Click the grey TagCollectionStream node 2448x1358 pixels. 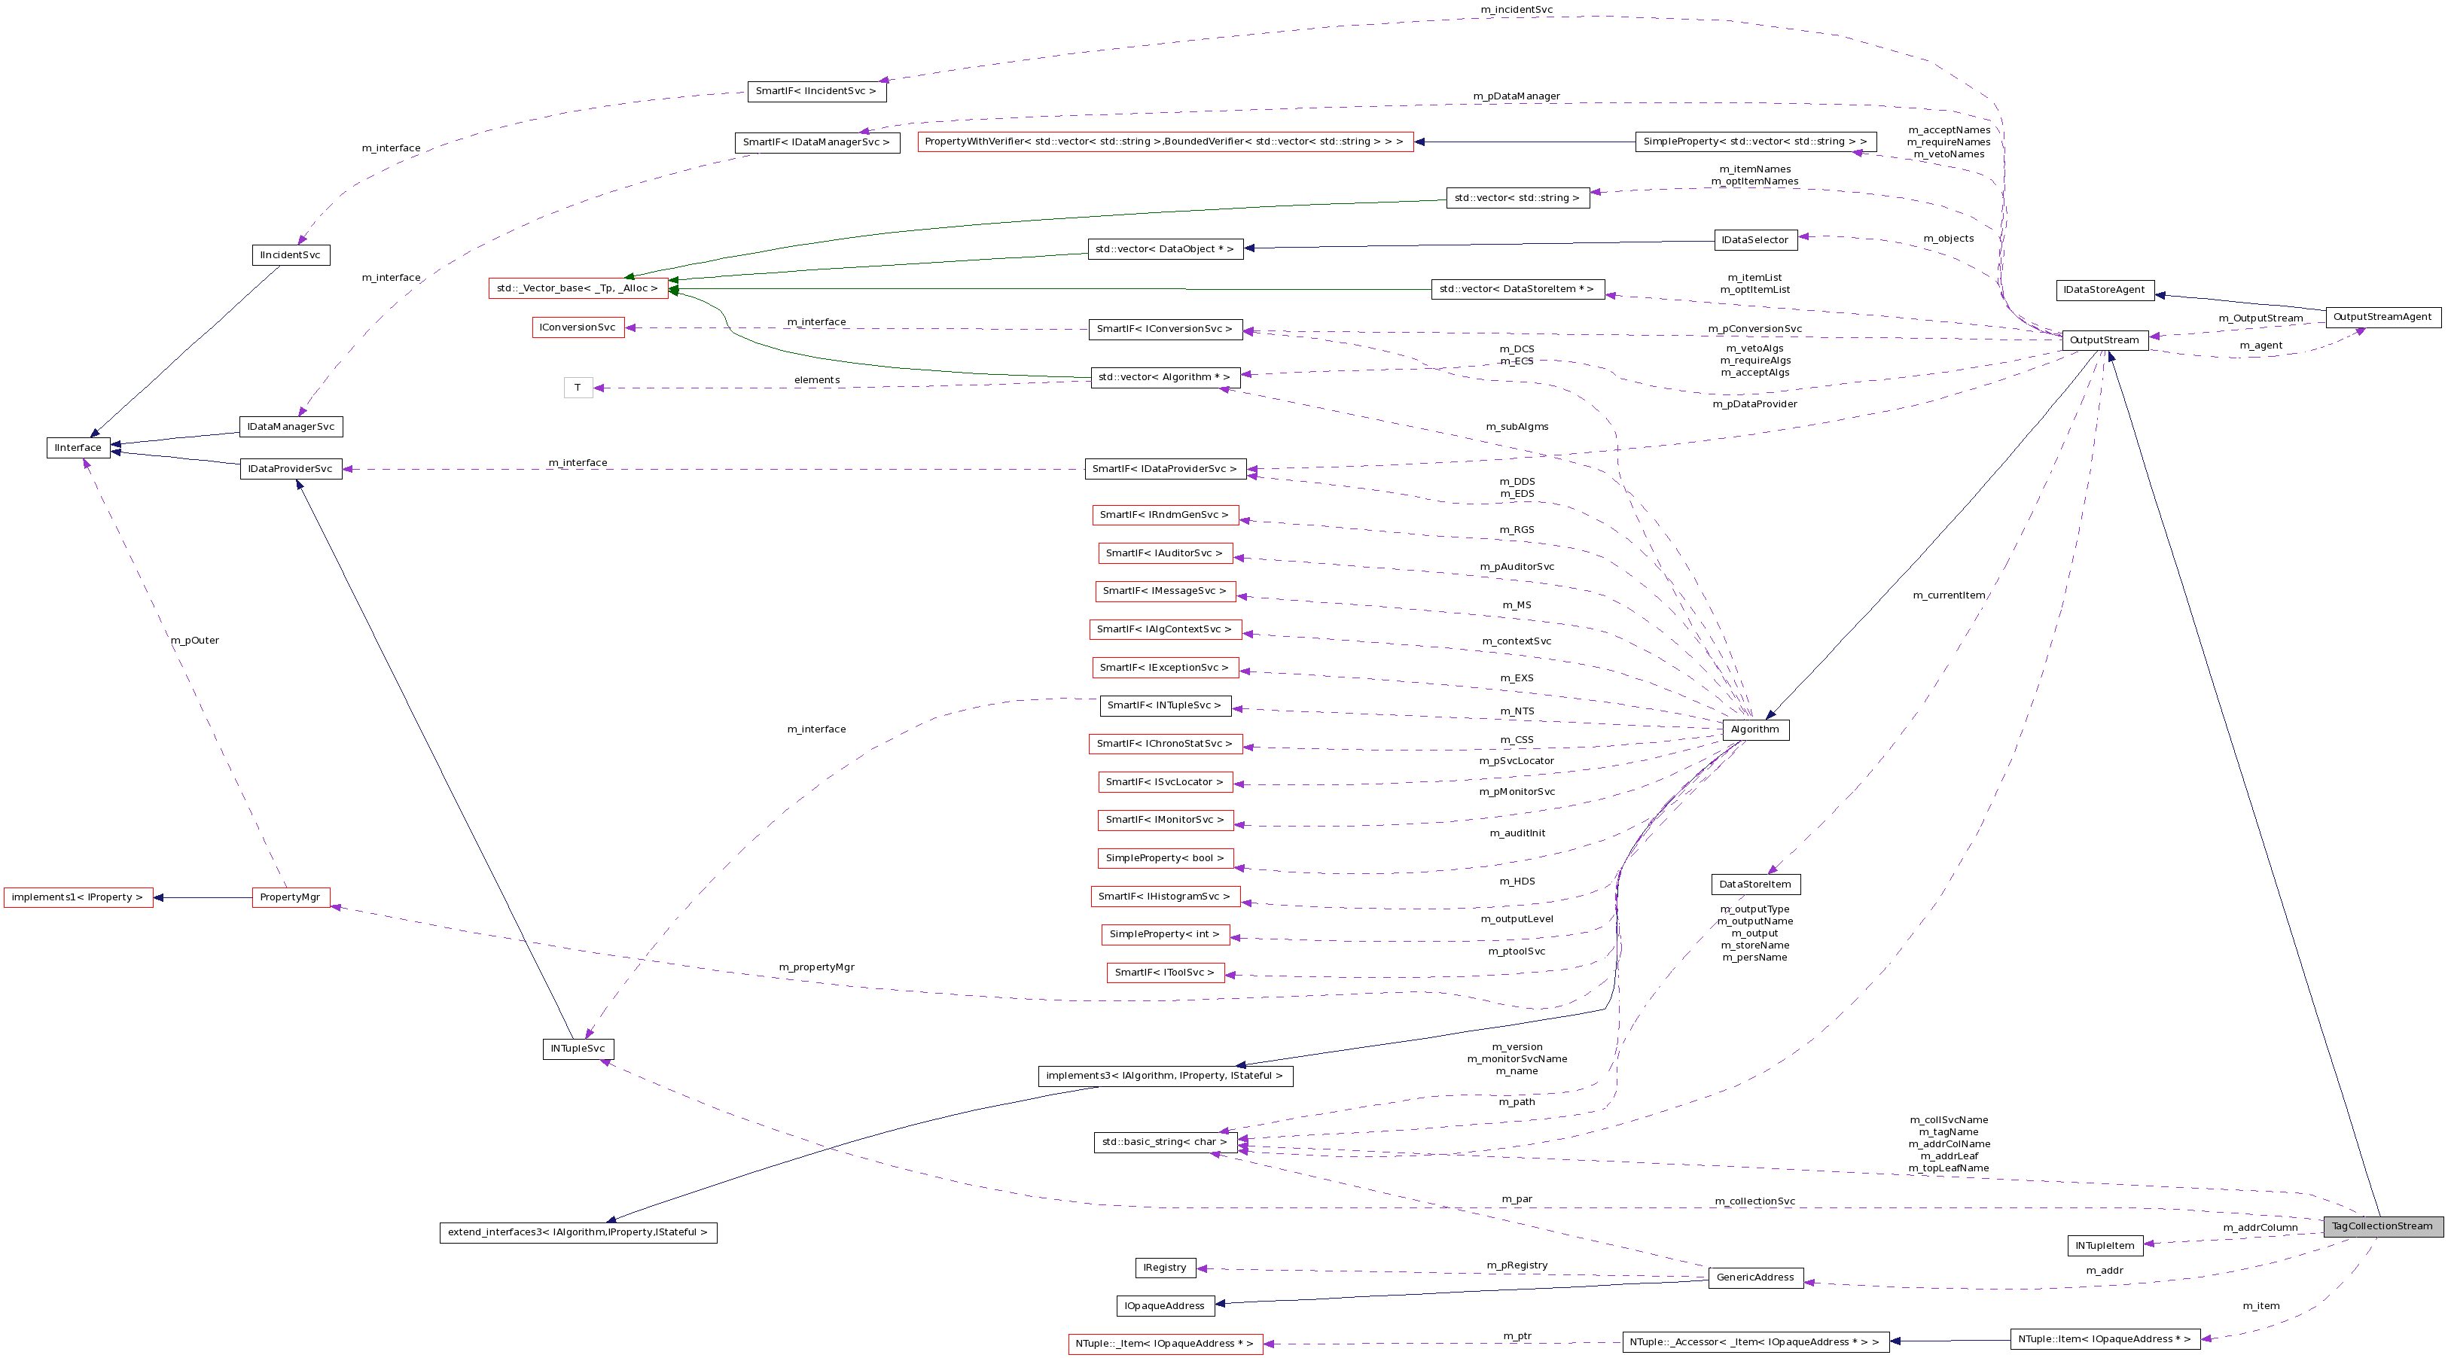click(2382, 1226)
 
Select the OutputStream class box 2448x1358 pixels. click(2104, 340)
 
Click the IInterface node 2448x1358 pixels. click(78, 448)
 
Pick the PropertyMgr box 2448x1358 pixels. click(290, 897)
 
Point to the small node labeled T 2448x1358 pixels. click(578, 388)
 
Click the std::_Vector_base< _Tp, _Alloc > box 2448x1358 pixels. click(577, 288)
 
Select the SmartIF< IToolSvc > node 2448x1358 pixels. click(1164, 972)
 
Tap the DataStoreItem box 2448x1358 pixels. click(1755, 884)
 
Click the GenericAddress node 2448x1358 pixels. click(1755, 1277)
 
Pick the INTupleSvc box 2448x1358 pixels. click(578, 1049)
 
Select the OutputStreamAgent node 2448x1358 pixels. click(2382, 318)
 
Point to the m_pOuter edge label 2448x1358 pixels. click(195, 641)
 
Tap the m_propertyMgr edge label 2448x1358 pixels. click(816, 967)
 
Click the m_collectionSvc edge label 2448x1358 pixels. click(1755, 1201)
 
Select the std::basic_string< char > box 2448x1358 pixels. click(1164, 1142)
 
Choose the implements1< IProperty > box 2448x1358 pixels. click(77, 897)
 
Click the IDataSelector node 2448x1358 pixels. click(1755, 240)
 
